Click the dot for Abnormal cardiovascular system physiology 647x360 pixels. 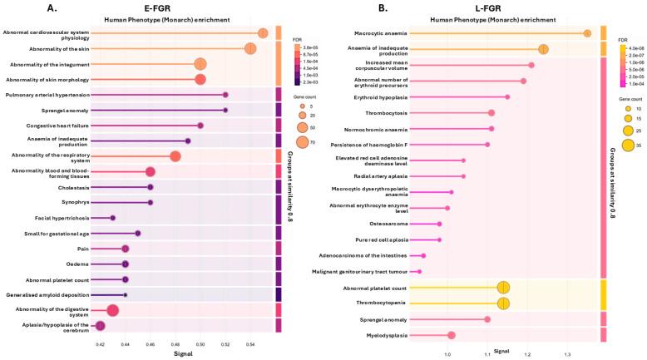tap(263, 33)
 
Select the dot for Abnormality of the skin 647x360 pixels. tap(250, 48)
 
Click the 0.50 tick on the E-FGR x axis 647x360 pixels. tap(200, 343)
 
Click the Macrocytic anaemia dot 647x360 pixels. tap(587, 33)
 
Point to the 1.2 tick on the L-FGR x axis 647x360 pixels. tap(527, 354)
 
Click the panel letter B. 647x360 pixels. tap(359, 7)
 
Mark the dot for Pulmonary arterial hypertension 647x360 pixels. tap(225, 95)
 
